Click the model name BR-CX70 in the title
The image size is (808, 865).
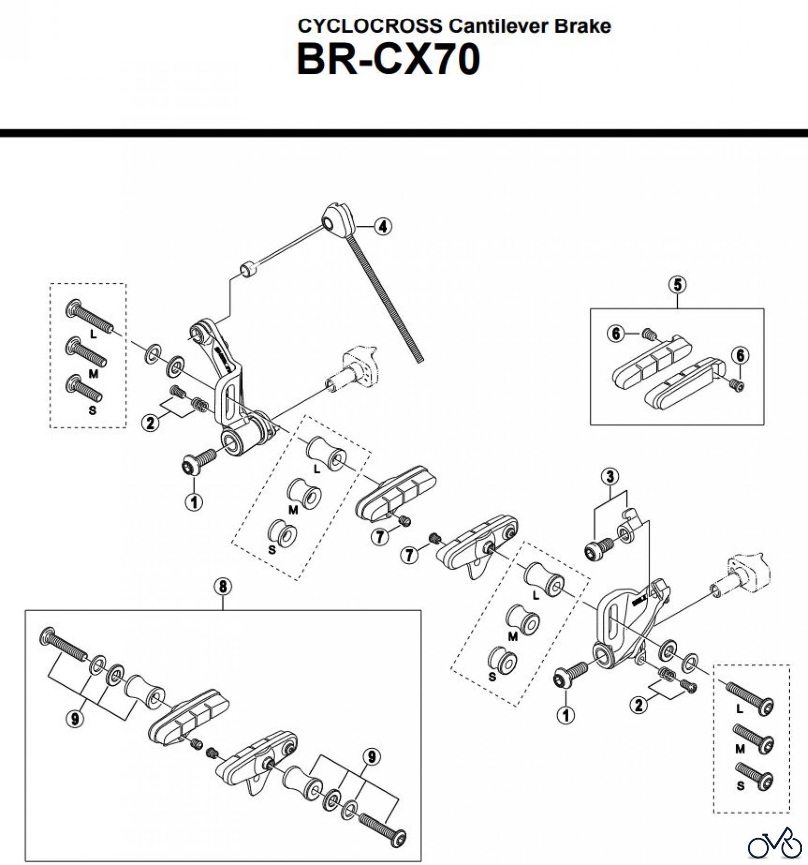(388, 60)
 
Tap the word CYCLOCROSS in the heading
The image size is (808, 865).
(370, 26)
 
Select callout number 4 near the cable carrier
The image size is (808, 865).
(382, 226)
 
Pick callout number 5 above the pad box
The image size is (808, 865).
(677, 284)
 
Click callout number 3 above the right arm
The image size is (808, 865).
(610, 477)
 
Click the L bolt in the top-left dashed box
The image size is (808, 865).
(89, 317)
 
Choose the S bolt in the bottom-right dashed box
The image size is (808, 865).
(755, 777)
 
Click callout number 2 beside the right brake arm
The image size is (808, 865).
(638, 705)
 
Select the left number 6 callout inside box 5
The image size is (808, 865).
(616, 334)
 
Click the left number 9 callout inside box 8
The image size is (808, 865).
(74, 719)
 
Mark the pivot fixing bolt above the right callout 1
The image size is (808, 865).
(570, 675)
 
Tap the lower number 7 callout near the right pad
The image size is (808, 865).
(409, 556)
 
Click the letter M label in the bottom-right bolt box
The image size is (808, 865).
(739, 749)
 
